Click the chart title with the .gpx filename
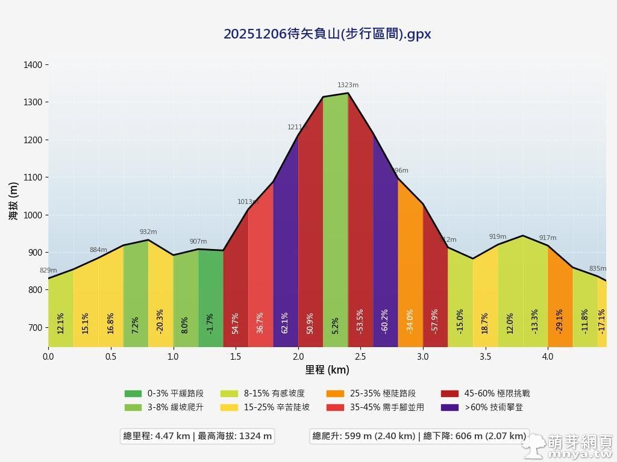tap(327, 34)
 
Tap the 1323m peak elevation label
tap(348, 85)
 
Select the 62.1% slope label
tap(285, 322)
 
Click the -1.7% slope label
tap(210, 324)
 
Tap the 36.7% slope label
tap(260, 322)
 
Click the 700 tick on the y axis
tap(35, 328)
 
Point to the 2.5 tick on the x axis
tap(360, 356)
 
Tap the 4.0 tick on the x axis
tap(548, 356)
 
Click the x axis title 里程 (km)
tap(327, 369)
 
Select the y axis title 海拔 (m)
tap(13, 201)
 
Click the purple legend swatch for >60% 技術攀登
tap(449, 407)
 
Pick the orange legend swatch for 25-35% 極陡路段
tap(335, 393)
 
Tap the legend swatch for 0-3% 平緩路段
tap(133, 393)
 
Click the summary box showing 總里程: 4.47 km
tap(198, 436)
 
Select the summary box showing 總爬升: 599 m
tap(419, 436)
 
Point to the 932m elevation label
tap(148, 232)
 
